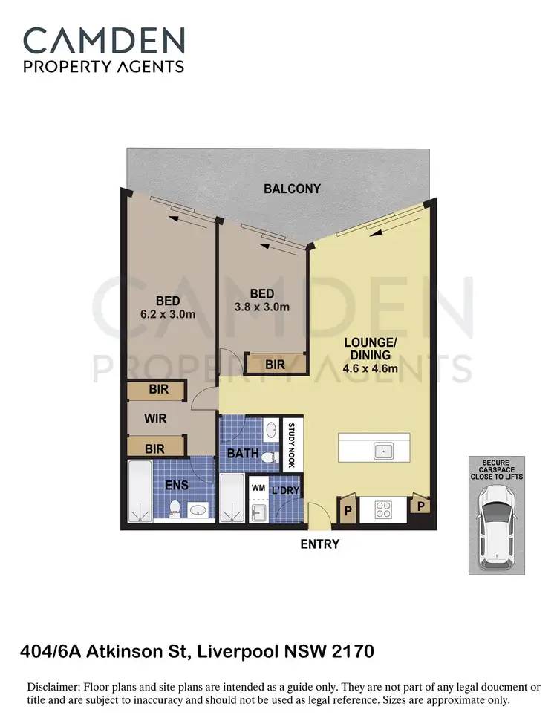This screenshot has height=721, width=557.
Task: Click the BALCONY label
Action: coord(293,189)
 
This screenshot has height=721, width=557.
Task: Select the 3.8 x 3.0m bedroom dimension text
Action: coord(261,307)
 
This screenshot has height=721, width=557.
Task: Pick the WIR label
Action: coord(154,419)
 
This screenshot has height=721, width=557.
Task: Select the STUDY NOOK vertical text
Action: coord(292,443)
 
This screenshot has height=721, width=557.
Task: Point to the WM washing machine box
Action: coord(258,488)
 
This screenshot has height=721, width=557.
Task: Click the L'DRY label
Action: coord(286,491)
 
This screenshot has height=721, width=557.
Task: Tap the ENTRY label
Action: coord(320,544)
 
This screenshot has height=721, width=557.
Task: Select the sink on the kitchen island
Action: coord(383,450)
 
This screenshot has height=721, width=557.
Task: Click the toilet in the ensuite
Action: coord(176,508)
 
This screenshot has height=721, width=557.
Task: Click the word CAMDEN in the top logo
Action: coord(104,40)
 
